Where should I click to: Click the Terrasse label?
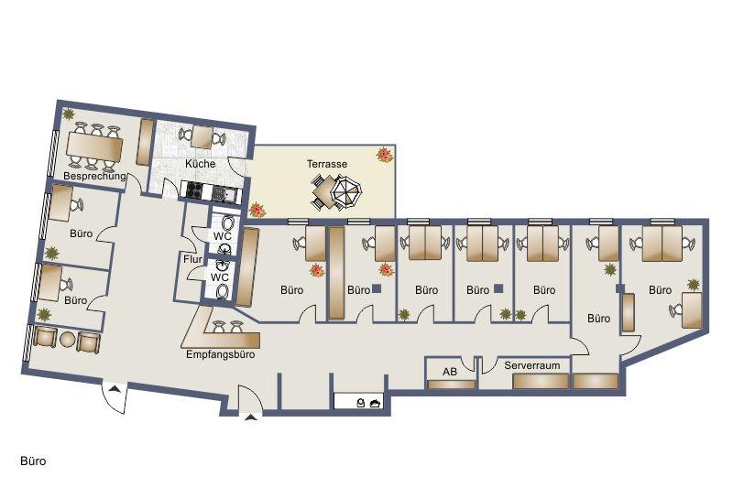327,164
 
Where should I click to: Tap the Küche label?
200,164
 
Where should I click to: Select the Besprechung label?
94,175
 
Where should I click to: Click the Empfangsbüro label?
220,354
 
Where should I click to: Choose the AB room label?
450,372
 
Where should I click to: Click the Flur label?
192,260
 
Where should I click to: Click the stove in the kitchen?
194,191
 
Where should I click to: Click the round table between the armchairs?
67,340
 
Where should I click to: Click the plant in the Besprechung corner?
69,114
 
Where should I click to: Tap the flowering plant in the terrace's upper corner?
384,155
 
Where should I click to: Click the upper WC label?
222,236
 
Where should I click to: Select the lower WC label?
221,277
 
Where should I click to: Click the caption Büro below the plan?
33,461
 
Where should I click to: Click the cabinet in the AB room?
451,384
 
